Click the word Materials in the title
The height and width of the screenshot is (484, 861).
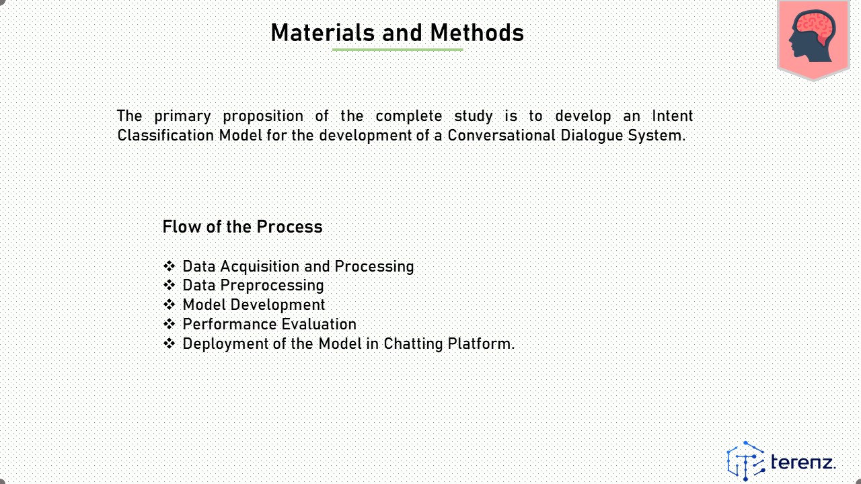tap(323, 33)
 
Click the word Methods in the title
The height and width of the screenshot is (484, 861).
tap(477, 33)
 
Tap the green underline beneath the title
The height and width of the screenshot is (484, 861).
tap(398, 50)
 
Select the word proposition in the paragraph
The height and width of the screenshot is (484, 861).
tap(263, 116)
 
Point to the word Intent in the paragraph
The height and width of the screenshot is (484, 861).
tap(672, 116)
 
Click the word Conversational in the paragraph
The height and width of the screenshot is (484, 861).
tap(502, 135)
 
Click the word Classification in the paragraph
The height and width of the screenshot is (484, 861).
tap(165, 135)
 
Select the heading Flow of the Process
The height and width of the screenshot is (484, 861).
tap(243, 227)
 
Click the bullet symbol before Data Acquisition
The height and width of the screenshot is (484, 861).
tap(169, 266)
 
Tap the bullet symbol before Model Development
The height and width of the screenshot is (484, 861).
tap(169, 305)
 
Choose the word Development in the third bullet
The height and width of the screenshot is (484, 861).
tap(278, 305)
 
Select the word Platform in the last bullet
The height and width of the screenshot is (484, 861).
tap(481, 344)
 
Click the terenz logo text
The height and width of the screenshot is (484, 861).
tap(803, 462)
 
